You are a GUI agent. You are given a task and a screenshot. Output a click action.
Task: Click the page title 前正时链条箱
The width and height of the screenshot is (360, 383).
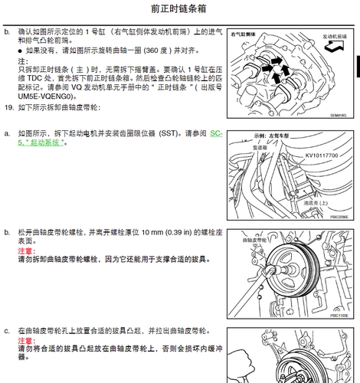click(179, 9)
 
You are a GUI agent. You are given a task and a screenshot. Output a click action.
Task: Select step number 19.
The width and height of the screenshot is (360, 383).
click(8, 109)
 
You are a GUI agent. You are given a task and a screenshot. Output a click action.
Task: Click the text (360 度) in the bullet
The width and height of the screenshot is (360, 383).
click(146, 49)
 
